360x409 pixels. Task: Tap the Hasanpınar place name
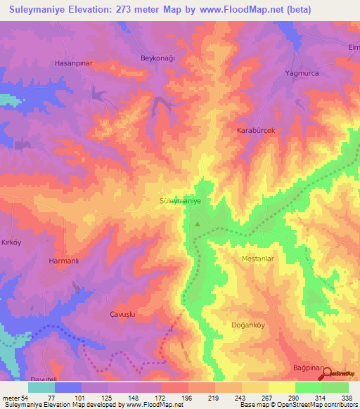[x=74, y=63]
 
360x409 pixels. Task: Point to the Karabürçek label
[x=253, y=131]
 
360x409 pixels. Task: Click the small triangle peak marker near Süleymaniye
[x=198, y=225]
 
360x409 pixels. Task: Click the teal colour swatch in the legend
[x=41, y=387]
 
